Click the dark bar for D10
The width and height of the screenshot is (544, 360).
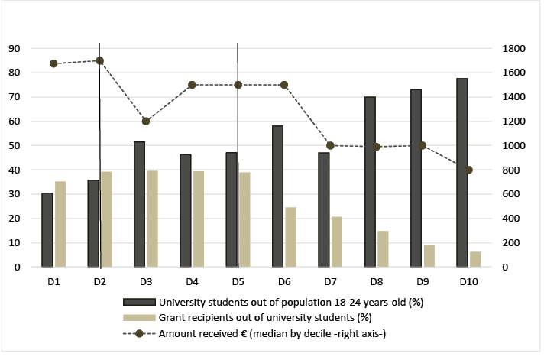[461, 173]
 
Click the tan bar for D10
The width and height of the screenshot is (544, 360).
[475, 259]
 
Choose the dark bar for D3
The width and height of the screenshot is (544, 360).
[139, 204]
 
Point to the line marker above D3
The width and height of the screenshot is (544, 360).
[146, 121]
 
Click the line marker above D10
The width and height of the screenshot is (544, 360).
[468, 170]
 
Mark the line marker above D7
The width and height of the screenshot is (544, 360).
[330, 145]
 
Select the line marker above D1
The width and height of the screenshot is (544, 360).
[53, 63]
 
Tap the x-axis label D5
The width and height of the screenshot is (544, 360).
[238, 282]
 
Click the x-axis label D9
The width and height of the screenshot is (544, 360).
[422, 282]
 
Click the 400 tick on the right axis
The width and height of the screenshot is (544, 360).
[512, 219]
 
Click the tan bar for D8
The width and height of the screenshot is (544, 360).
[383, 248]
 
